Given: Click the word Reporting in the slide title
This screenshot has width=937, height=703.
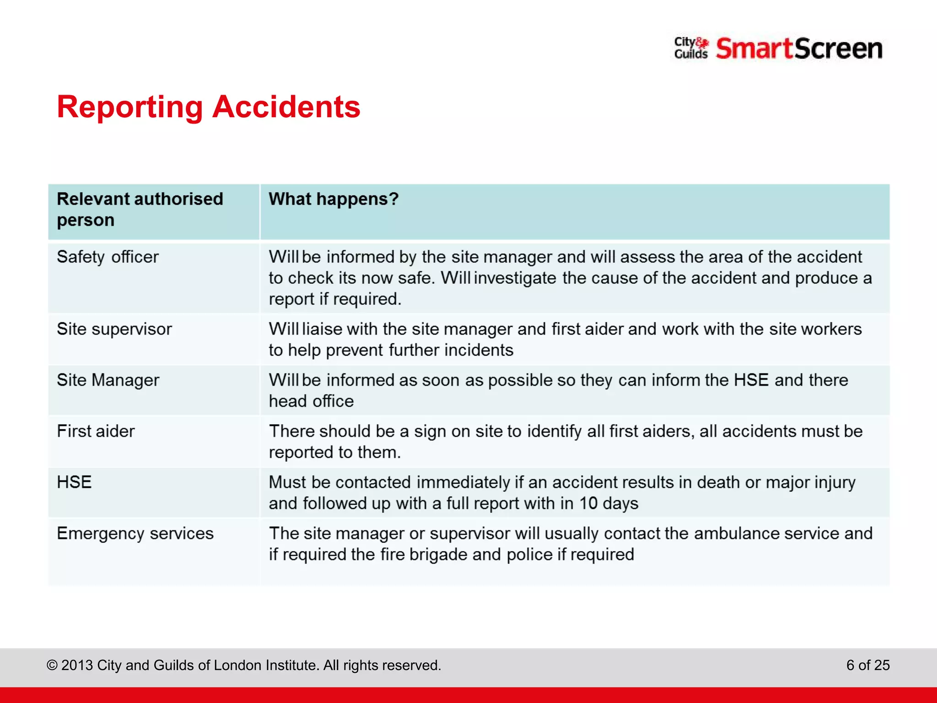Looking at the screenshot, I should point(129,108).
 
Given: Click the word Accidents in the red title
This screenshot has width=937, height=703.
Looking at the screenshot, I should point(286,107).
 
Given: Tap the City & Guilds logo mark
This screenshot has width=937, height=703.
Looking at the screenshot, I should point(691,48).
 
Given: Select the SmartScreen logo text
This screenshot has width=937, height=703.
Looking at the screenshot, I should point(799,49).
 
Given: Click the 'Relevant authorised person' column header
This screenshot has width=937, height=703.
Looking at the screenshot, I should point(140,210).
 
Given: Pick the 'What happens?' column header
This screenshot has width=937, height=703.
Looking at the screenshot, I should point(334,199).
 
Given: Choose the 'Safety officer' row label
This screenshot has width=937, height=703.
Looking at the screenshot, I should point(108,257).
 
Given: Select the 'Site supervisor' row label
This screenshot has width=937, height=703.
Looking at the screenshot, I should point(114,329).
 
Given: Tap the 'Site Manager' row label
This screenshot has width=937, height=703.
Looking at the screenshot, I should point(108,380).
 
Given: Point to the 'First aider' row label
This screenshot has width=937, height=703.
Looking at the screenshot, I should point(96,431).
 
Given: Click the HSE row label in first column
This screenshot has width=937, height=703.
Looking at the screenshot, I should point(74,482).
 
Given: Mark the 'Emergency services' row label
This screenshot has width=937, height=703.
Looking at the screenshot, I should point(135,534).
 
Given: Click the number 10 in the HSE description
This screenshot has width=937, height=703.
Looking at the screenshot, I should point(588,503).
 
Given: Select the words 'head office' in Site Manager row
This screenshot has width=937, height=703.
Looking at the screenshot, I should point(311,401).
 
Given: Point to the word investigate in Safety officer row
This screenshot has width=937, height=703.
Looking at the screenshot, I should point(515,278).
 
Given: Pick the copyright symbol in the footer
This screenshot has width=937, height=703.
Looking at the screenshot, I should point(52,665).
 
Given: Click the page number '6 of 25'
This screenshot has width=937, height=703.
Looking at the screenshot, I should point(867,665).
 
